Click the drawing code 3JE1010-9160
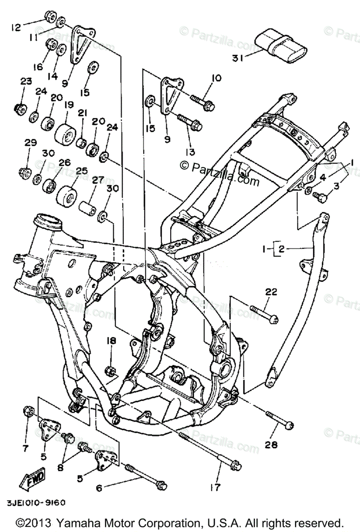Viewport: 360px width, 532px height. tap(36, 503)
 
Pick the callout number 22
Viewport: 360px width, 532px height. tap(271, 291)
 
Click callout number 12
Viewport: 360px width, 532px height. tap(16, 28)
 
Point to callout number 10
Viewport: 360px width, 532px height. tap(216, 78)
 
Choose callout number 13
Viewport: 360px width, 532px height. tap(190, 152)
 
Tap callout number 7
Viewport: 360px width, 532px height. tap(26, 448)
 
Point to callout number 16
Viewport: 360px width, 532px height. tap(37, 67)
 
